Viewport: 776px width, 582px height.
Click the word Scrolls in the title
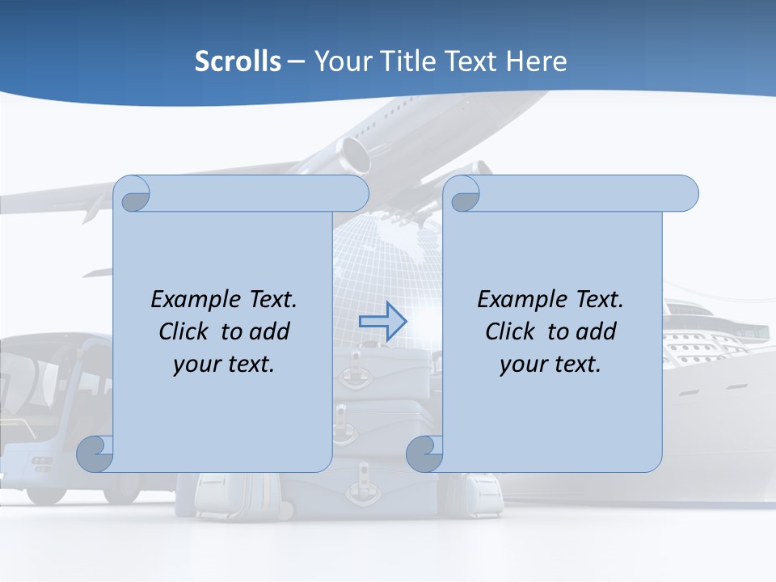tap(238, 61)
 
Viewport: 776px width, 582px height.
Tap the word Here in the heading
tap(536, 61)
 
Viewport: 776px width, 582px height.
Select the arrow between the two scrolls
tap(382, 322)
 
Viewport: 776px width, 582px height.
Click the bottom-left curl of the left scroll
tap(95, 453)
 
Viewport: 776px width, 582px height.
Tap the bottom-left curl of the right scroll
tap(424, 453)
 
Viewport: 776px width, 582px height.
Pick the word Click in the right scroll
tap(510, 331)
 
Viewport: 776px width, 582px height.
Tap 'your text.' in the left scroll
tap(224, 364)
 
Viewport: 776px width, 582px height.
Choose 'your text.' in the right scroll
tap(550, 364)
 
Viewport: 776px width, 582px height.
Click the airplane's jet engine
tap(354, 154)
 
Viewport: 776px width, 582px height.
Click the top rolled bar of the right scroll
tap(582, 193)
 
